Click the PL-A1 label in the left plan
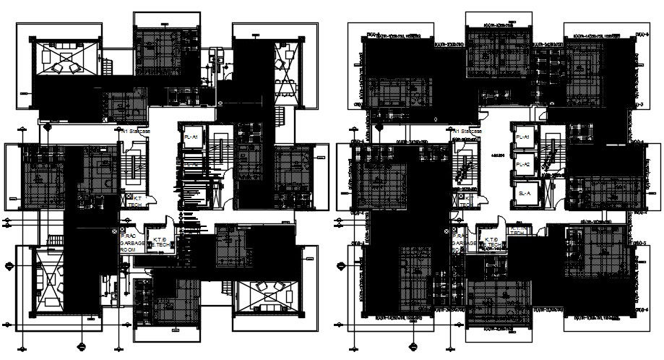click(191, 137)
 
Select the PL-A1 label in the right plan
click(522, 137)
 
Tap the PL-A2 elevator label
click(522, 164)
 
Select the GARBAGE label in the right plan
click(465, 244)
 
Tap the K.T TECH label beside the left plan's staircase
click(134, 201)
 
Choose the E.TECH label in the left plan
click(159, 243)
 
